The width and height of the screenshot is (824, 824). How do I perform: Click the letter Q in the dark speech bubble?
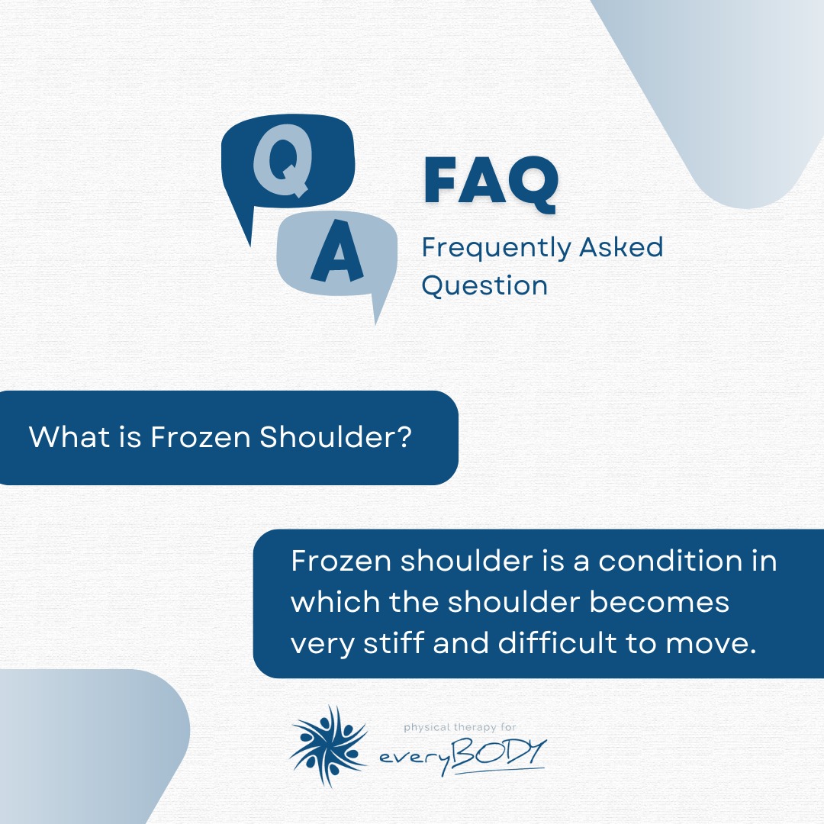(283, 161)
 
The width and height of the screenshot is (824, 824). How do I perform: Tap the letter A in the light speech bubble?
(337, 251)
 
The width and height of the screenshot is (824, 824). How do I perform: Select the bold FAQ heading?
(491, 181)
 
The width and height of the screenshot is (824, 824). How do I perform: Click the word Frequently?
(496, 249)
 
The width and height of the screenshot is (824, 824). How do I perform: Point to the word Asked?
(621, 247)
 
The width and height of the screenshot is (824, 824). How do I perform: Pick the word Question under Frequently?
(484, 286)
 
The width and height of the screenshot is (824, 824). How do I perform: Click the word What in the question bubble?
(69, 436)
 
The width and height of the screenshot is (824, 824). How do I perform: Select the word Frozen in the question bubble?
(200, 436)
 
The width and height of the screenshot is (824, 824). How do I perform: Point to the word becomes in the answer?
(659, 602)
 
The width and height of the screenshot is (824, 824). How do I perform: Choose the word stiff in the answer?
(394, 642)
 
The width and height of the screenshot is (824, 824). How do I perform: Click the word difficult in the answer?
(557, 642)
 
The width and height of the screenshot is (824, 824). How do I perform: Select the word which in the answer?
(335, 602)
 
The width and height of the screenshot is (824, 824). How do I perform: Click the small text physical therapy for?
(460, 727)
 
